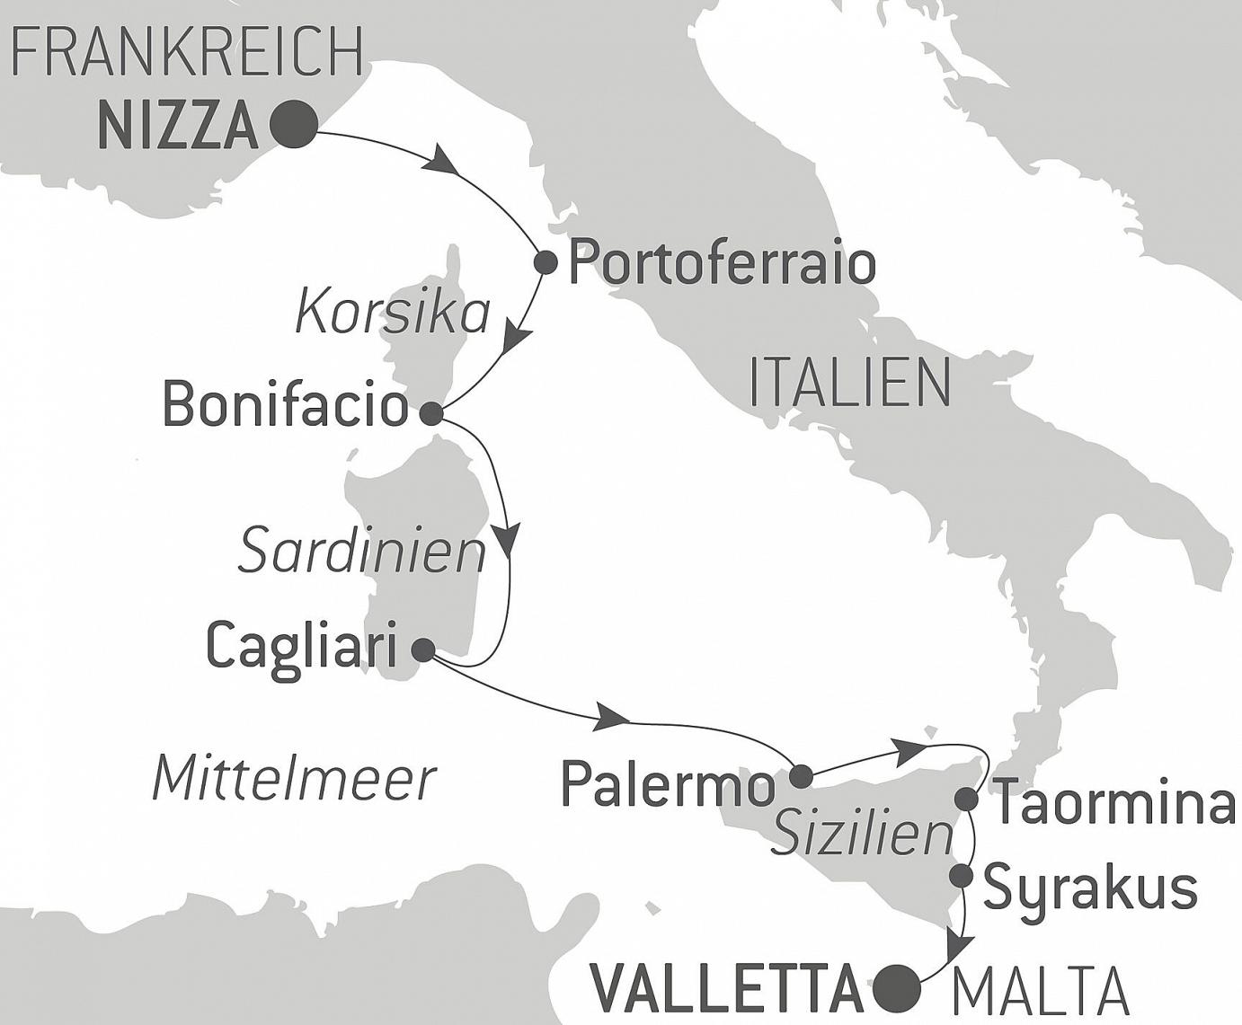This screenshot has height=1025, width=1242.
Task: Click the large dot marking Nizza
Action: [x=294, y=124]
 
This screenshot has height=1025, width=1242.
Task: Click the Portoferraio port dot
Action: [x=545, y=263]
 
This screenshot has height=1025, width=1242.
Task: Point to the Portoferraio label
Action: [x=723, y=264]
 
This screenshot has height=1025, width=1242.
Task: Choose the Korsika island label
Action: [x=393, y=314]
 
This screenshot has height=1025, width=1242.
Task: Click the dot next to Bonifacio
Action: [x=431, y=413]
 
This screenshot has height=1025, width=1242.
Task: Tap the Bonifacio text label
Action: [x=285, y=405]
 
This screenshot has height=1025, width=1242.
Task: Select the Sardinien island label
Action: [x=361, y=552]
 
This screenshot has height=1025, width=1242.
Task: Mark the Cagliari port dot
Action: [x=421, y=649]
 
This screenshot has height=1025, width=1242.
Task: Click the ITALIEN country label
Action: [x=849, y=383]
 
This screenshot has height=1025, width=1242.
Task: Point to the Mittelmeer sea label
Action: [x=294, y=778]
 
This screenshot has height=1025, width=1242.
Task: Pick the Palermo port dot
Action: [x=800, y=776]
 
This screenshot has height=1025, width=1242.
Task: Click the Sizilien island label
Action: [x=862, y=835]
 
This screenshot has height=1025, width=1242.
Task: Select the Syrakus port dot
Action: [x=962, y=875]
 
